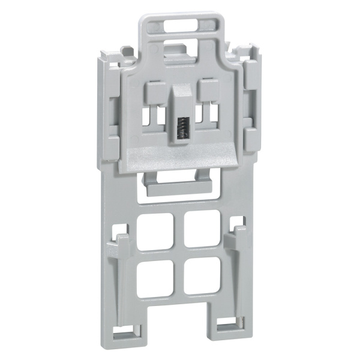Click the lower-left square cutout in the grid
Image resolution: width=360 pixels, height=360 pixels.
tap(153, 278)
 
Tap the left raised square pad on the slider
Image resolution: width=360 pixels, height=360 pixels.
tap(154, 94)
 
